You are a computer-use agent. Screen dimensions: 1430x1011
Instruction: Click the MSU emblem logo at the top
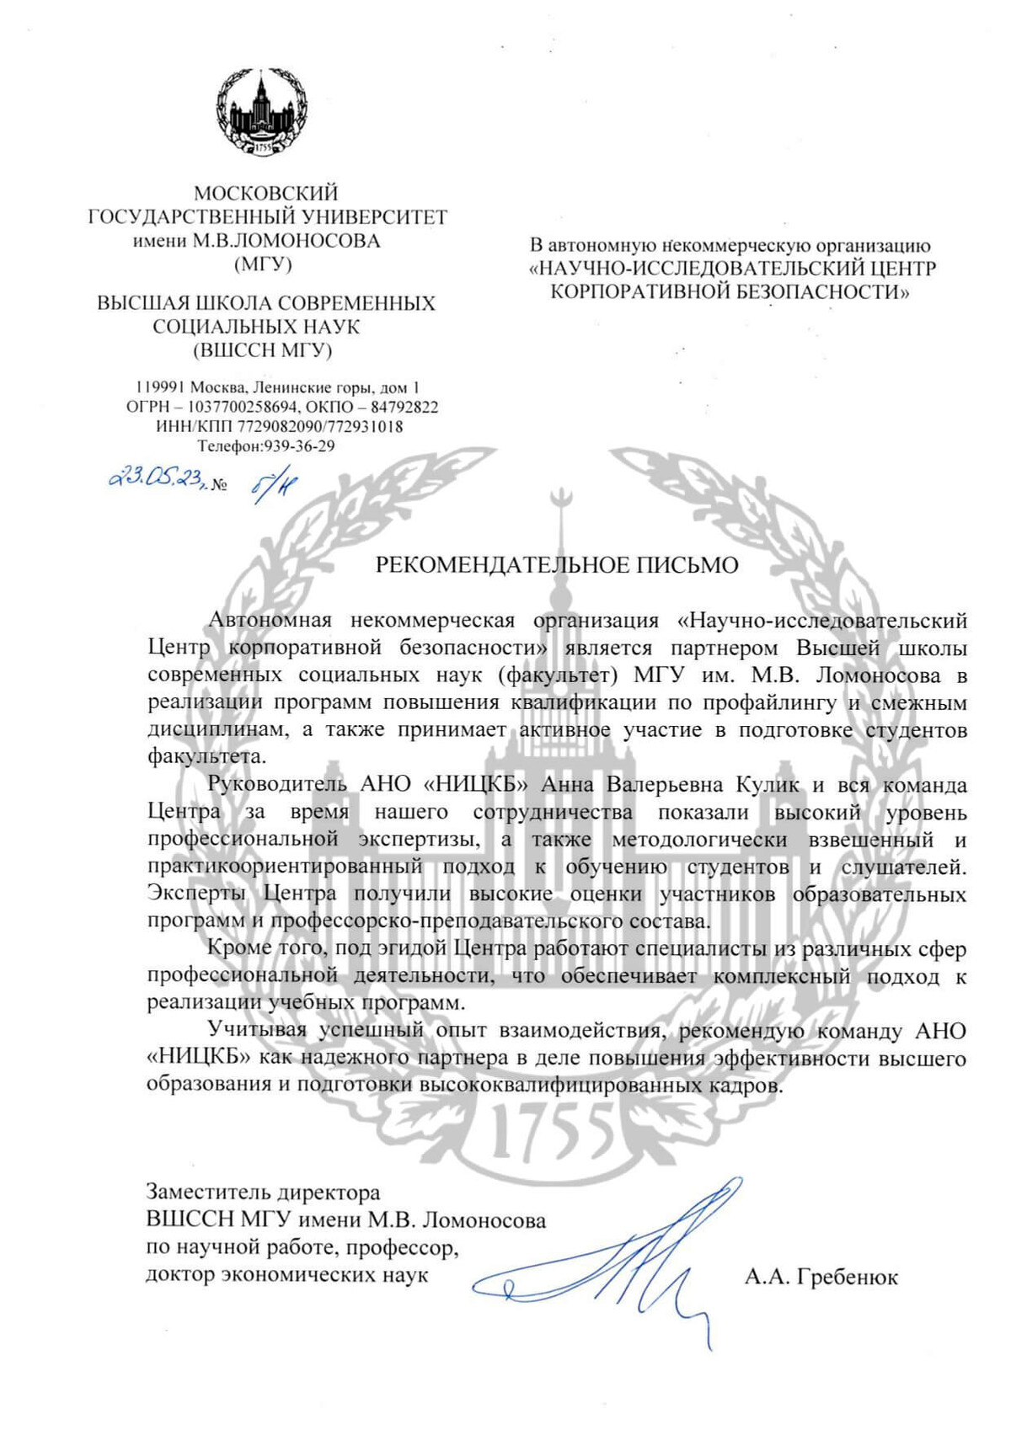[261, 113]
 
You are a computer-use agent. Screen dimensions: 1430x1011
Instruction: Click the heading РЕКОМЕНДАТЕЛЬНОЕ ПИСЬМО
[557, 564]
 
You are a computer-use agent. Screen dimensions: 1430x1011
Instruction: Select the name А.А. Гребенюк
[821, 1278]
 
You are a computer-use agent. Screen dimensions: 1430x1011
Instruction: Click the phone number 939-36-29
[299, 446]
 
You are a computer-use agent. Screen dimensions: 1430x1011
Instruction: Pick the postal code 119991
[160, 388]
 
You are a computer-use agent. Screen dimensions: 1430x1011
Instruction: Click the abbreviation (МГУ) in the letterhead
[263, 264]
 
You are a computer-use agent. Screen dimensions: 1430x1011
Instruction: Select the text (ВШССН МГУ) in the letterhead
[263, 349]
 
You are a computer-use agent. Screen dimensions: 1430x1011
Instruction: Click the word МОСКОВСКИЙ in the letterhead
[266, 194]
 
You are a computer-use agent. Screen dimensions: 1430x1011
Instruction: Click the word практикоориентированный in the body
[284, 867]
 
